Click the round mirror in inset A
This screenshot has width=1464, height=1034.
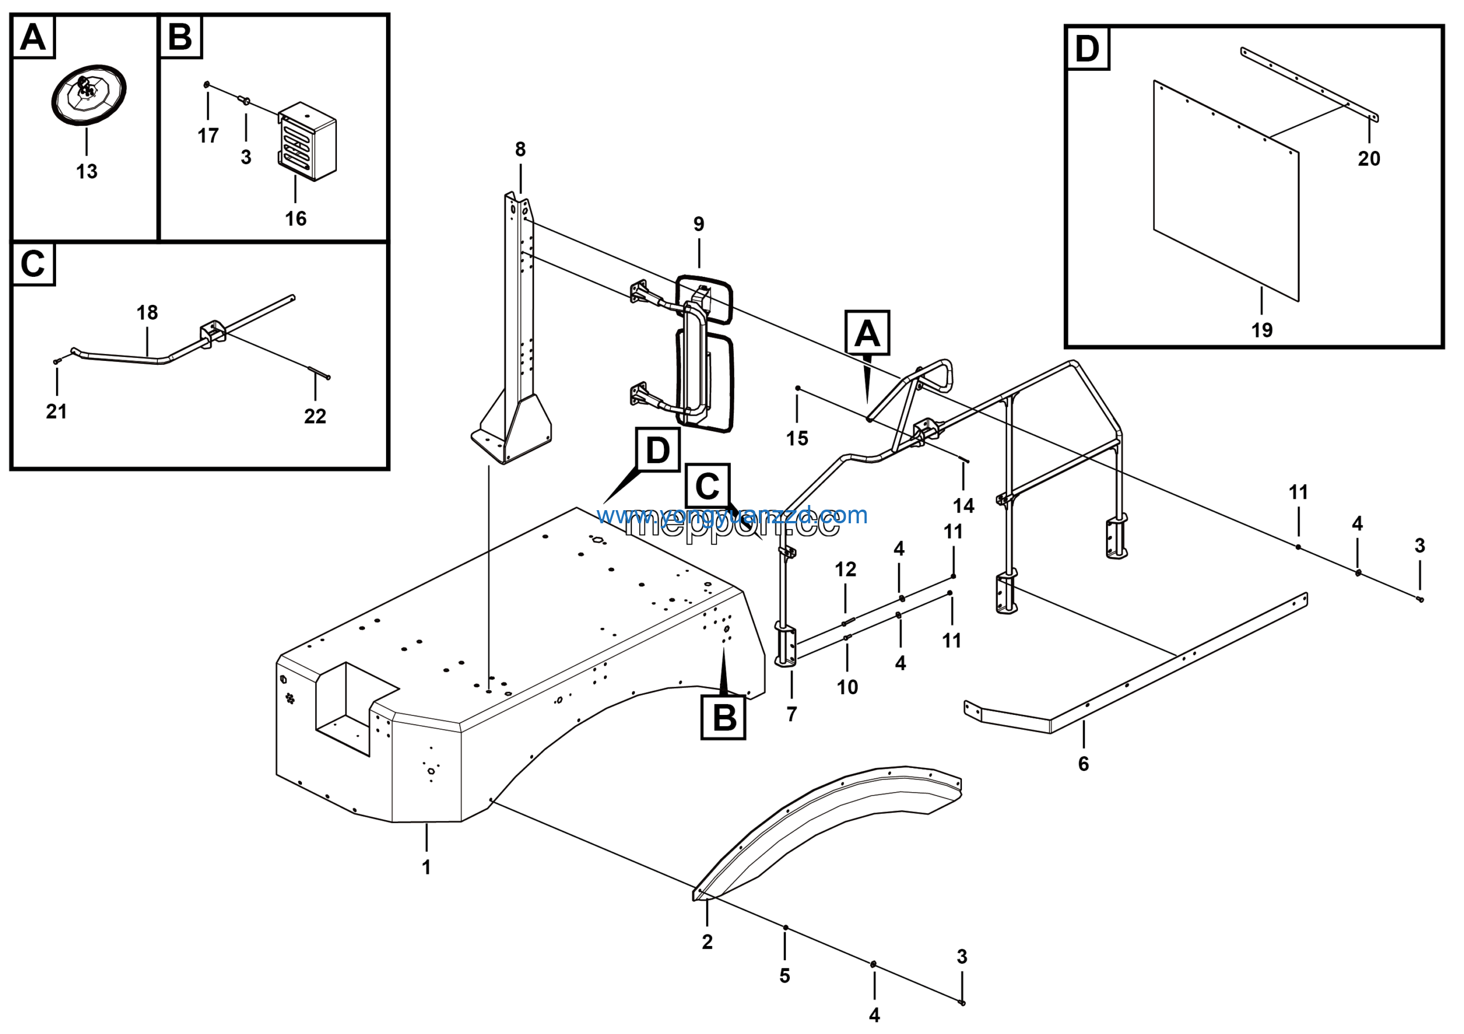point(89,94)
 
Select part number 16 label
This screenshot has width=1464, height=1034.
point(295,218)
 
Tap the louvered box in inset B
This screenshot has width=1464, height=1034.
point(307,141)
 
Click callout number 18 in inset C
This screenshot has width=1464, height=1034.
point(148,312)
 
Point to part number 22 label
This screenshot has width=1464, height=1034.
point(315,416)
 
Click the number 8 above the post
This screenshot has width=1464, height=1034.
point(520,149)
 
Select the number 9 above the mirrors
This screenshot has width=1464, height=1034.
point(699,224)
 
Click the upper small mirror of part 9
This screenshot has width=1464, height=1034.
point(705,299)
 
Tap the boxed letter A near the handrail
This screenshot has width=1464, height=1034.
point(866,333)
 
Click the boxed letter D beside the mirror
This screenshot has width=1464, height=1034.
point(658,450)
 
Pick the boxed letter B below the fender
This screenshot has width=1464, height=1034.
point(723,718)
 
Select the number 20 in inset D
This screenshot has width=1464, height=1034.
point(1369,158)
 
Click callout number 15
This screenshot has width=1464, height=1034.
point(797,439)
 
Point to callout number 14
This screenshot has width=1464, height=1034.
point(964,506)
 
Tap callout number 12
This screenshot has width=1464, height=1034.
point(845,569)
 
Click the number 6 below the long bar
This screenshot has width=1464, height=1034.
point(1083,763)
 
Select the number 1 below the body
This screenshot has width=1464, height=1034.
point(427,867)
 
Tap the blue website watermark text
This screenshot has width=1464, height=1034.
point(732,515)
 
